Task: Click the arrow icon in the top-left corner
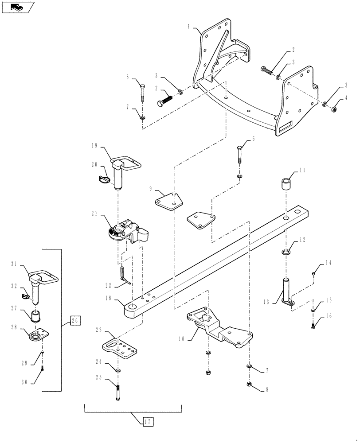tap(16, 7)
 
